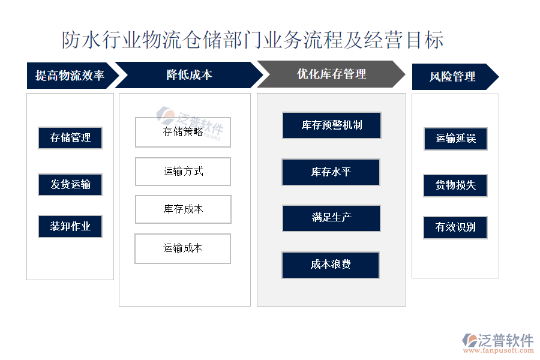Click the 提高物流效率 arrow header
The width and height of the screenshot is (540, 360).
point(71,76)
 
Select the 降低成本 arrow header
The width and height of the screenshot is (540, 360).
point(189,75)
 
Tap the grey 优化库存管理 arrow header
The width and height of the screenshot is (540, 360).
point(331,74)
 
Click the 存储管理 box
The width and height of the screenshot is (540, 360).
point(70,138)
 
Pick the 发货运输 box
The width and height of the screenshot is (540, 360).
point(70,185)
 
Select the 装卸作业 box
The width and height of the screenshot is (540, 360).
point(70,226)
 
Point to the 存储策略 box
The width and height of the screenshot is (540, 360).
point(183,132)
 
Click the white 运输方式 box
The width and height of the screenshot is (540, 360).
point(183,172)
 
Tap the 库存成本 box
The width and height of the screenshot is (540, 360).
point(183,209)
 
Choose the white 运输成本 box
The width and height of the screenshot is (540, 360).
point(183,249)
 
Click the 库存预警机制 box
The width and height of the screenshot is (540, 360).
point(332,125)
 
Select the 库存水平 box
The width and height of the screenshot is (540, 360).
point(331,172)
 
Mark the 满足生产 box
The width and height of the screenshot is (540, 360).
point(331,218)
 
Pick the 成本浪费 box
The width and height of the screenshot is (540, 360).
point(331,265)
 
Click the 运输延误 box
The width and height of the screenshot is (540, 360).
point(455,139)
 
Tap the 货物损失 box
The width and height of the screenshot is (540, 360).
point(455,185)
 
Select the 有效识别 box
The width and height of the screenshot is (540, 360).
point(455,227)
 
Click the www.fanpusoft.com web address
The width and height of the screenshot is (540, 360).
point(499,350)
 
